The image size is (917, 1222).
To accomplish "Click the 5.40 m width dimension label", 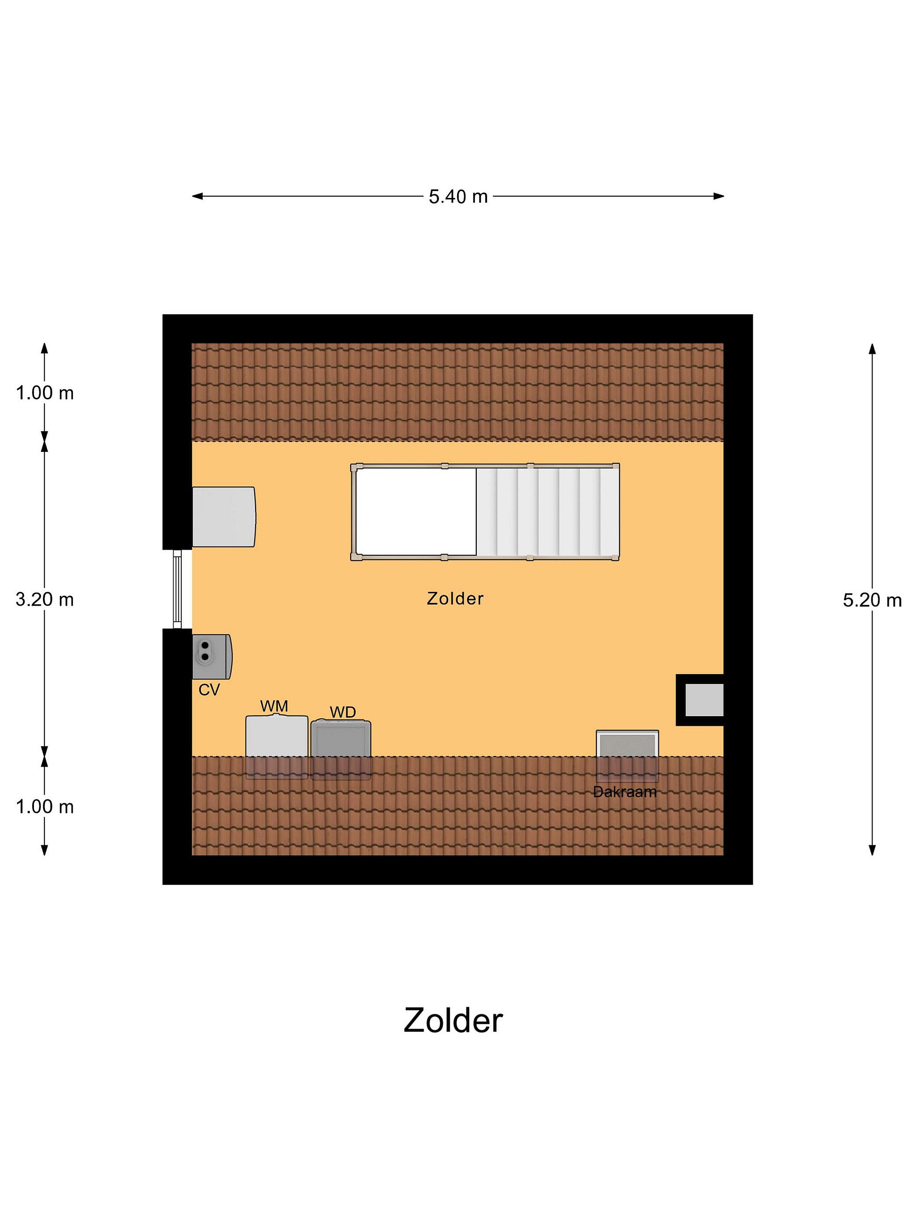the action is pyautogui.click(x=458, y=197).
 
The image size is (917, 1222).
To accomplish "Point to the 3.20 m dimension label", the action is pyautogui.click(x=45, y=600).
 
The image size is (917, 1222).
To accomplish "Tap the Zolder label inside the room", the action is pyautogui.click(x=455, y=598).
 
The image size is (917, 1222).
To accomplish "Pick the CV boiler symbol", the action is pyautogui.click(x=212, y=656).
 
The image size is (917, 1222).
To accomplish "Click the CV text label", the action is pyautogui.click(x=209, y=689).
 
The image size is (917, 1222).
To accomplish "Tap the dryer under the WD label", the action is pyautogui.click(x=341, y=749).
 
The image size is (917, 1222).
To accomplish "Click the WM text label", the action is pyautogui.click(x=274, y=706).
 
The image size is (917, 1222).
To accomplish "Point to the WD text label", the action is pyautogui.click(x=343, y=712).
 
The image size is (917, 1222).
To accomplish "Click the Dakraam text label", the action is pyautogui.click(x=624, y=792).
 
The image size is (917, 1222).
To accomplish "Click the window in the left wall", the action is pyautogui.click(x=177, y=589).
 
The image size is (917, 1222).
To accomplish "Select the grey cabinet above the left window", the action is pyautogui.click(x=224, y=516).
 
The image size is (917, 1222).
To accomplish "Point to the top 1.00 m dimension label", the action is pyautogui.click(x=45, y=393).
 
